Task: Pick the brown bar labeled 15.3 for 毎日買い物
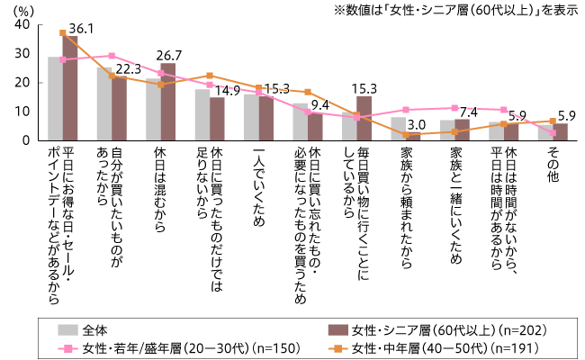pos(364,118)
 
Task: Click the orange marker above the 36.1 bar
pos(62,33)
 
